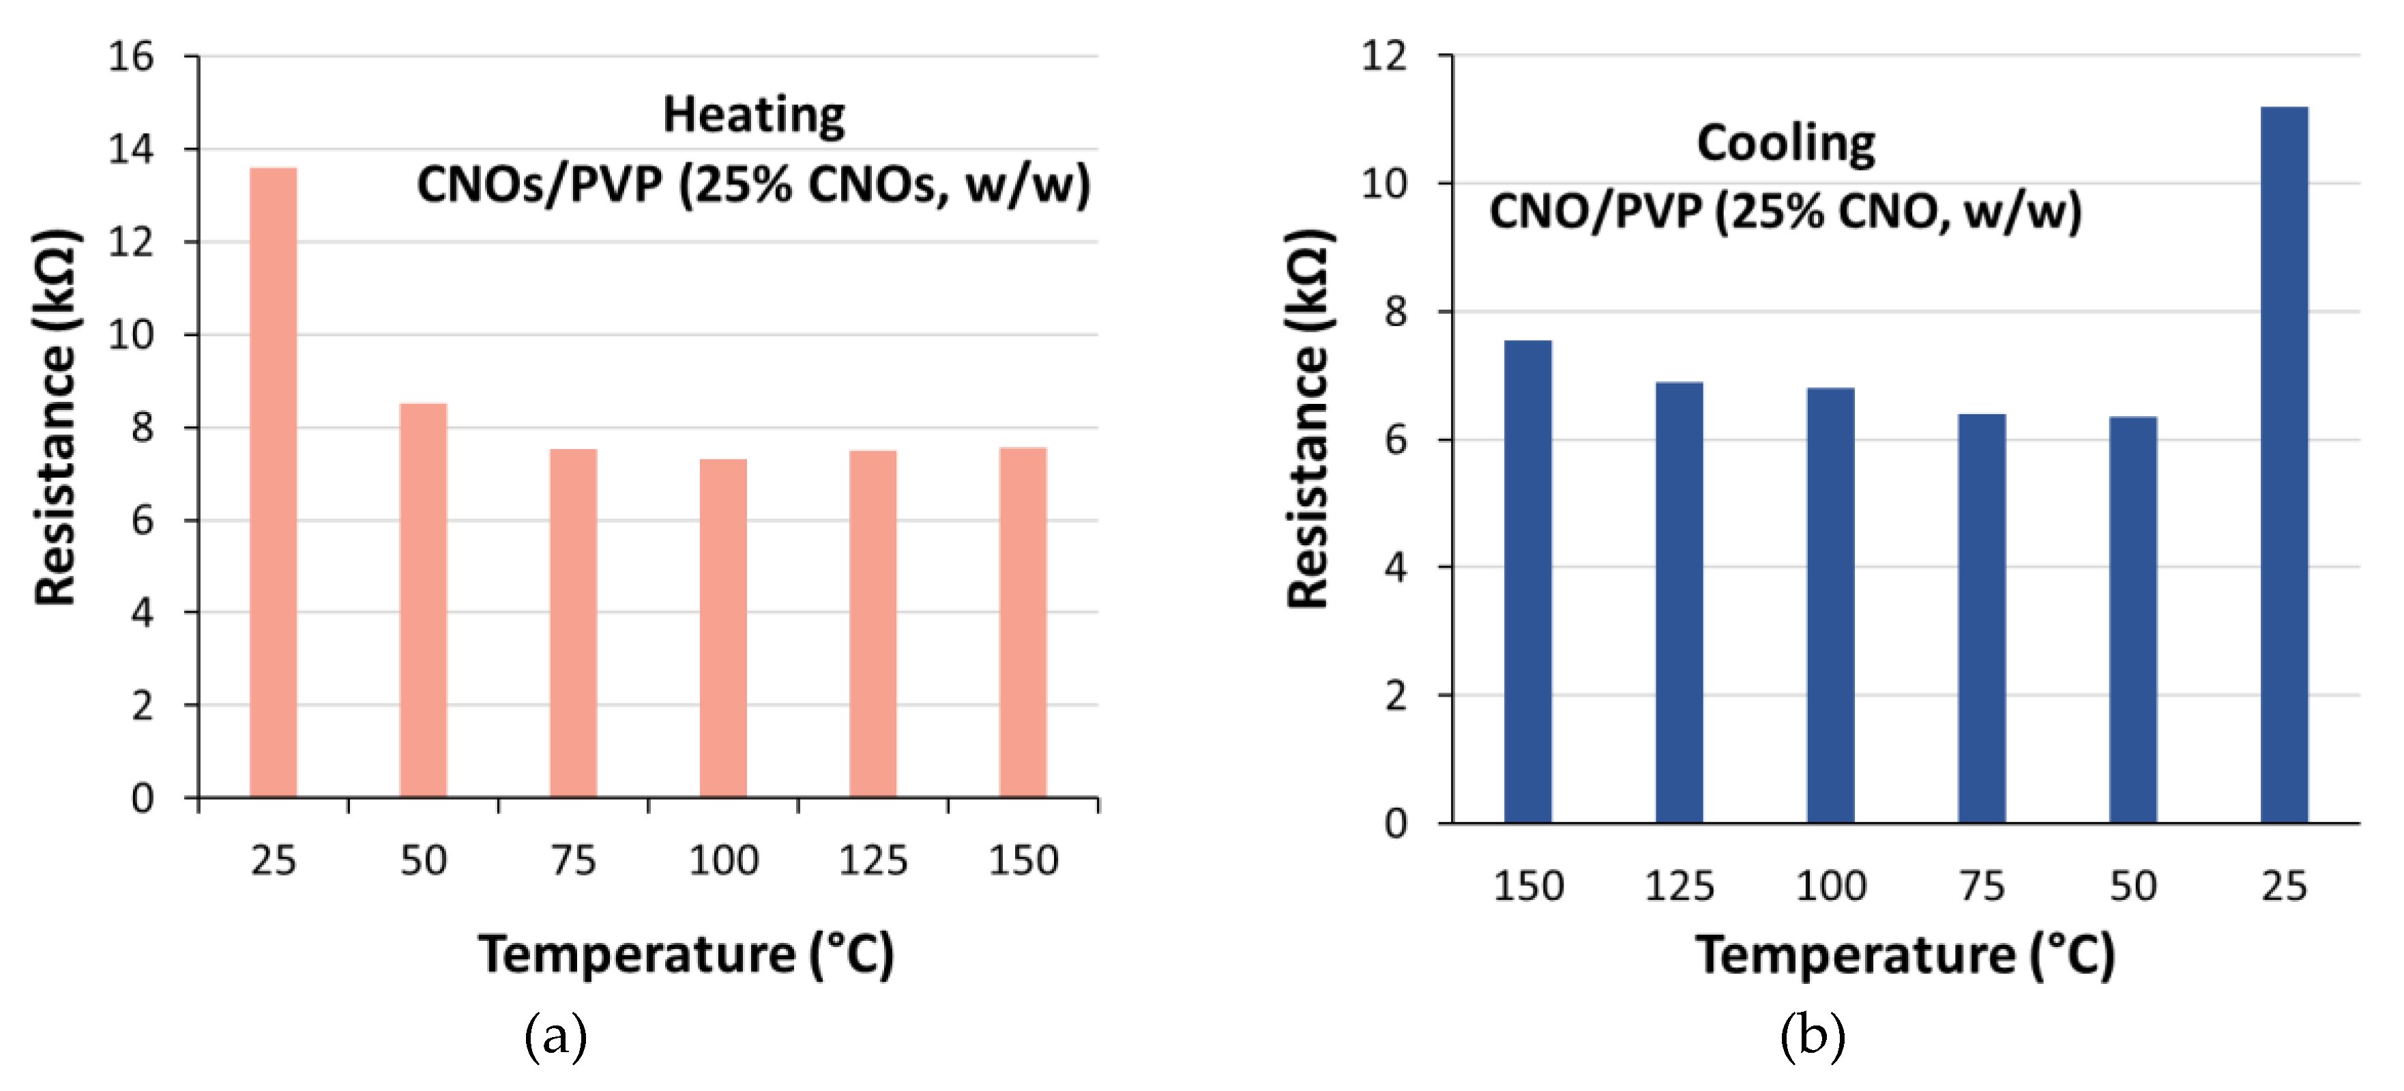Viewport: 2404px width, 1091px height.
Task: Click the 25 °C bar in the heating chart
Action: click(274, 482)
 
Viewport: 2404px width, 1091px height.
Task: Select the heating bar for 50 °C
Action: click(424, 600)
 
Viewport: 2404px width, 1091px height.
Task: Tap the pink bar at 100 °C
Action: click(723, 628)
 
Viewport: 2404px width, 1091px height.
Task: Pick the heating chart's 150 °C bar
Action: click(1023, 622)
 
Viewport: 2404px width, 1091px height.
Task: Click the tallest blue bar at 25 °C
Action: click(2285, 465)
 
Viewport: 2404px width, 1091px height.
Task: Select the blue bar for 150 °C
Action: click(1527, 581)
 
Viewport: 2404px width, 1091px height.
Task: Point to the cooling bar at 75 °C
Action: click(1982, 618)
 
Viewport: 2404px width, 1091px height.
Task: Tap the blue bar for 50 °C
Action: click(2133, 620)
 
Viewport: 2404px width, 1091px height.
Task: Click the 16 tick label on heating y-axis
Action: click(131, 57)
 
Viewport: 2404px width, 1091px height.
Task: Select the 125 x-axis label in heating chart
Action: click(873, 860)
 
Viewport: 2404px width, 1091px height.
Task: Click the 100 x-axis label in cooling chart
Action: click(1831, 886)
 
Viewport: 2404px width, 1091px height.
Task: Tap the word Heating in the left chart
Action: click(754, 117)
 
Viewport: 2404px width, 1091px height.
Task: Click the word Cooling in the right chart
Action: click(1786, 145)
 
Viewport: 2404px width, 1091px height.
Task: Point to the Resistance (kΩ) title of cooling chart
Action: click(1309, 419)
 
